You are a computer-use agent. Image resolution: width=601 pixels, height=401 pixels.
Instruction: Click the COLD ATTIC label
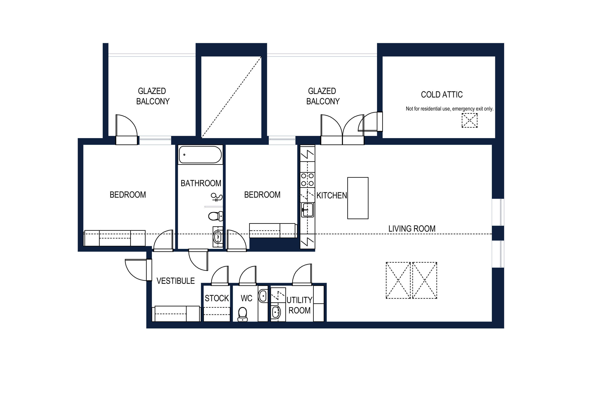coord(442,95)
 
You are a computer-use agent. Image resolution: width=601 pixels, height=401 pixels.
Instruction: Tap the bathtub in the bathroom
coord(200,154)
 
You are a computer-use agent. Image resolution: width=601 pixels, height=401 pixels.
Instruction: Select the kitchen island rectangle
coord(358,198)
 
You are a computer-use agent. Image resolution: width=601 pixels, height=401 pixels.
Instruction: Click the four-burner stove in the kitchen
coord(307,180)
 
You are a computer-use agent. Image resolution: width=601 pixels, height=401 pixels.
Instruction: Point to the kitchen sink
coord(307,210)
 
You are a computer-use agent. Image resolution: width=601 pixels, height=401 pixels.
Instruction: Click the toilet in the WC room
coord(242,314)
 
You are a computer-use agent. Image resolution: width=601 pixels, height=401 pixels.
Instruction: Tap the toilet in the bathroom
coord(215,216)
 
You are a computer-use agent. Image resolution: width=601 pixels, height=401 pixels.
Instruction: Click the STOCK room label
coord(217,298)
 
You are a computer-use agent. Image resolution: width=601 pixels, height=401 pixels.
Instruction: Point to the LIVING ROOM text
coord(412,229)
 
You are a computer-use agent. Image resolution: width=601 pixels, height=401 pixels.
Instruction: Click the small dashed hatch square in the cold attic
coord(470,121)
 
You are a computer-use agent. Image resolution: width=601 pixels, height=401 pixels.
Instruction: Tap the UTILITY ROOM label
coord(299,305)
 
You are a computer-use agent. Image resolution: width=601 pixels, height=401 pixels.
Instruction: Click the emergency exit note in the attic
coord(450,109)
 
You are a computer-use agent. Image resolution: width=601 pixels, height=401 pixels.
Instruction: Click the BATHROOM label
coord(201,183)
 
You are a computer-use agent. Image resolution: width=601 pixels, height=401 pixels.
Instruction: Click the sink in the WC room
coord(263,296)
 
